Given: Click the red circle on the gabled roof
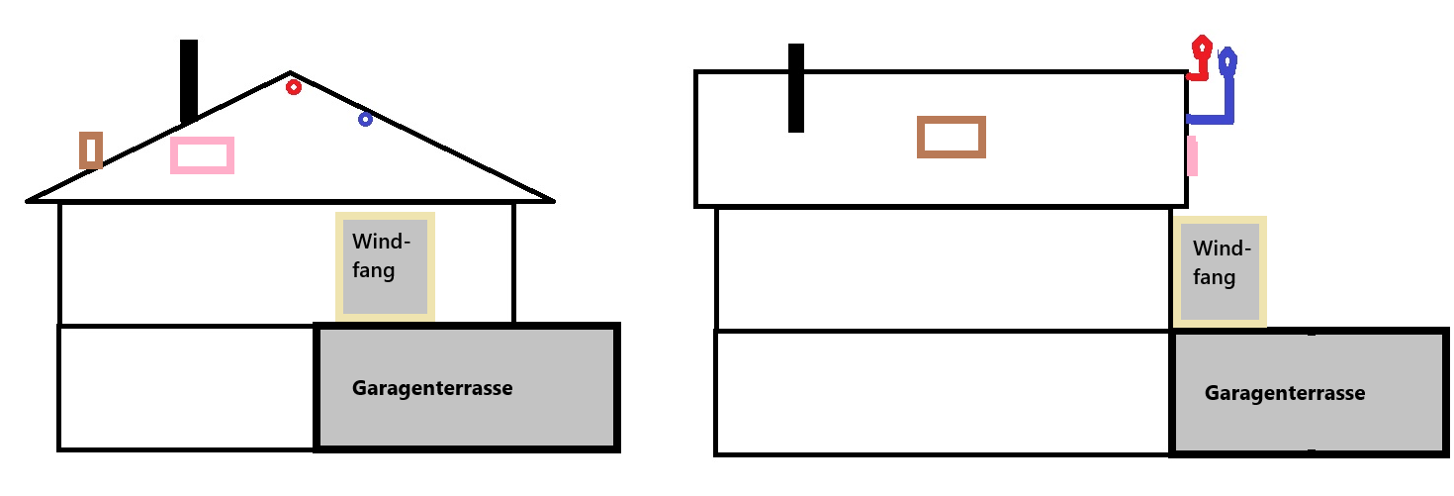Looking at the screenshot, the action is click(x=293, y=87).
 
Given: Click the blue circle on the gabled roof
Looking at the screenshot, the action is click(x=365, y=119).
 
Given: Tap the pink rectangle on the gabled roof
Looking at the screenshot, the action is click(x=202, y=155).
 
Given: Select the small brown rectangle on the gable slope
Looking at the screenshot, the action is click(x=91, y=150).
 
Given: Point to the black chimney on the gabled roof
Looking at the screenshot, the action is click(x=189, y=80).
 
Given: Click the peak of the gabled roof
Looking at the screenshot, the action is click(x=290, y=73).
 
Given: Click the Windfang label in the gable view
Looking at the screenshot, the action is click(x=381, y=254).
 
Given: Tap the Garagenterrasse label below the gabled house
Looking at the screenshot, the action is click(x=432, y=388).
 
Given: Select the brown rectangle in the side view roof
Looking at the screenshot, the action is click(x=952, y=138).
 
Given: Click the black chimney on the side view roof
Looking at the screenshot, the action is click(x=795, y=88).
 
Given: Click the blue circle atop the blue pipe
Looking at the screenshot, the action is click(x=1227, y=63).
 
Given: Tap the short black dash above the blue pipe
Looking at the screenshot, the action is click(x=1231, y=39).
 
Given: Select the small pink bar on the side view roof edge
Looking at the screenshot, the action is click(x=1193, y=156).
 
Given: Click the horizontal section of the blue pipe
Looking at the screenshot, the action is click(x=1210, y=120).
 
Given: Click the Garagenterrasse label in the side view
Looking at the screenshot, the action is click(x=1284, y=393).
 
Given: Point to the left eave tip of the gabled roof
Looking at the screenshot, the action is click(x=29, y=201).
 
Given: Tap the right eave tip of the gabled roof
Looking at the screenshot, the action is click(x=552, y=200).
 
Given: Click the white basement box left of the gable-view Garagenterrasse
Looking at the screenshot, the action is click(x=187, y=387).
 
